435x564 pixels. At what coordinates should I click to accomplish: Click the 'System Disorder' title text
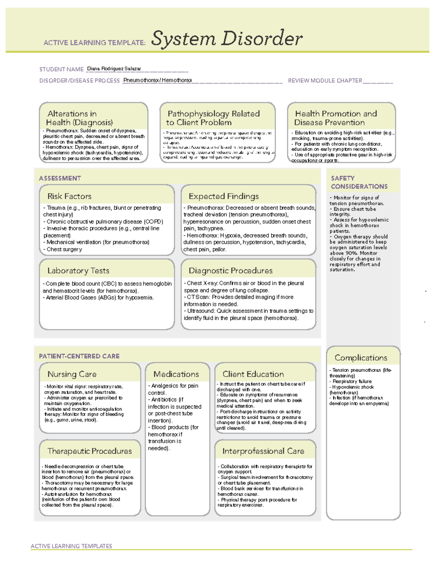(227, 38)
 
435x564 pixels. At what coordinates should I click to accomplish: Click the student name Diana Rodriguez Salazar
(114, 69)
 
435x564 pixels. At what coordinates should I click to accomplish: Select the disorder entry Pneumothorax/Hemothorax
(158, 80)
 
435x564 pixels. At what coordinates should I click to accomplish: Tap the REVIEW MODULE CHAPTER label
(325, 81)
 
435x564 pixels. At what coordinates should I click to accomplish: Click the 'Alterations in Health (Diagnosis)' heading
(80, 118)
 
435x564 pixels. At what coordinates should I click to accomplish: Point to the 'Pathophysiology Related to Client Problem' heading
(213, 118)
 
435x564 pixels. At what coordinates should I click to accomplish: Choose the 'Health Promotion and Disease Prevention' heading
(336, 118)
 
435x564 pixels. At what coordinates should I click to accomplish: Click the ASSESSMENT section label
(60, 178)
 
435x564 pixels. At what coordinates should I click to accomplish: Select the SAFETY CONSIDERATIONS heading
(359, 182)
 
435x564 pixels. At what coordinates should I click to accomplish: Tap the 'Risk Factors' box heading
(69, 196)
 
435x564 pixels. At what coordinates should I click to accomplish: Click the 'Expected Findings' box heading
(224, 196)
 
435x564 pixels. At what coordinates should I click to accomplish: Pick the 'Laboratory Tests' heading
(78, 271)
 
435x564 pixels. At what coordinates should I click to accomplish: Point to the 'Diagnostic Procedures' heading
(231, 271)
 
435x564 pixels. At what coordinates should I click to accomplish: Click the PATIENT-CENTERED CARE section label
(79, 356)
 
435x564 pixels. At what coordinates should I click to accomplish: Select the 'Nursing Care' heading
(72, 374)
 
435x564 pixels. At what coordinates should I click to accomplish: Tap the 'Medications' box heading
(176, 374)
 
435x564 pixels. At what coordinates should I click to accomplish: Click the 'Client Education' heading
(253, 374)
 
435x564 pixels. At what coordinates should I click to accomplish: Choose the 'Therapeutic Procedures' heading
(90, 451)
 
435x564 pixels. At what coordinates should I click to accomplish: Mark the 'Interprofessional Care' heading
(263, 451)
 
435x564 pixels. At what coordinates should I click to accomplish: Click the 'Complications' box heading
(361, 358)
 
